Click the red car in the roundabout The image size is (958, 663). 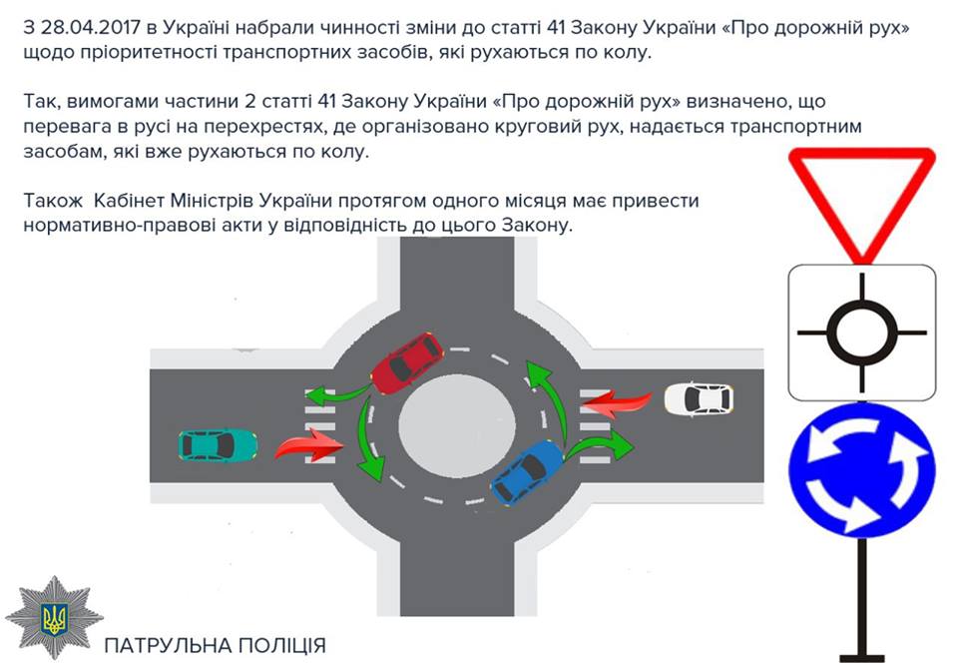tap(406, 364)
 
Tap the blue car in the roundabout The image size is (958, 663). tap(527, 472)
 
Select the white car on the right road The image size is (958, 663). tap(699, 398)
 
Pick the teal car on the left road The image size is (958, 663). tap(218, 445)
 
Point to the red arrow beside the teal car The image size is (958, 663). tap(308, 444)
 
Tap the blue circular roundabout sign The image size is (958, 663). tap(861, 469)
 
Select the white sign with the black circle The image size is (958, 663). tap(861, 332)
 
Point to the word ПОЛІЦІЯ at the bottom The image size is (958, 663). tap(281, 645)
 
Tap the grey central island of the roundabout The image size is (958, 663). tap(456, 424)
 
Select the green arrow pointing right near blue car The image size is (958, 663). tap(600, 444)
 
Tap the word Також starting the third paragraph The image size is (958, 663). tap(53, 201)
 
